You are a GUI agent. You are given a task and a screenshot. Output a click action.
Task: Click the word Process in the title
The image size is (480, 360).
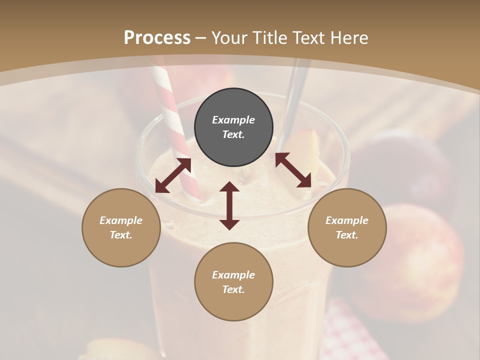[x=157, y=38]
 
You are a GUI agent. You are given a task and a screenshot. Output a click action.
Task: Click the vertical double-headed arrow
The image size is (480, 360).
[x=229, y=206]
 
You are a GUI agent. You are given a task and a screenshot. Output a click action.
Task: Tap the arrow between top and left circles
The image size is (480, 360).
[x=173, y=175]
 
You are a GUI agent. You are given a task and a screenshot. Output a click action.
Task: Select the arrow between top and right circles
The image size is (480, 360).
[x=293, y=170]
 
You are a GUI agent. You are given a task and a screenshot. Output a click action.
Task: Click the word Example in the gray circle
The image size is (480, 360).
[x=233, y=120]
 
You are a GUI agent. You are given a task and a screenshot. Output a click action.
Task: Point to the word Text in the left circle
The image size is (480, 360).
[x=121, y=235]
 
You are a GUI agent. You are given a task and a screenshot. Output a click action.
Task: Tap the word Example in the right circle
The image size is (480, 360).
[x=347, y=220]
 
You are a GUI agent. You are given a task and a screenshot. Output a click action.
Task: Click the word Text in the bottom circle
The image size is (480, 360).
[x=233, y=289]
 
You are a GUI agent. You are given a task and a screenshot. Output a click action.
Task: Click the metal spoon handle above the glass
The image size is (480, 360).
[x=295, y=95]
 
